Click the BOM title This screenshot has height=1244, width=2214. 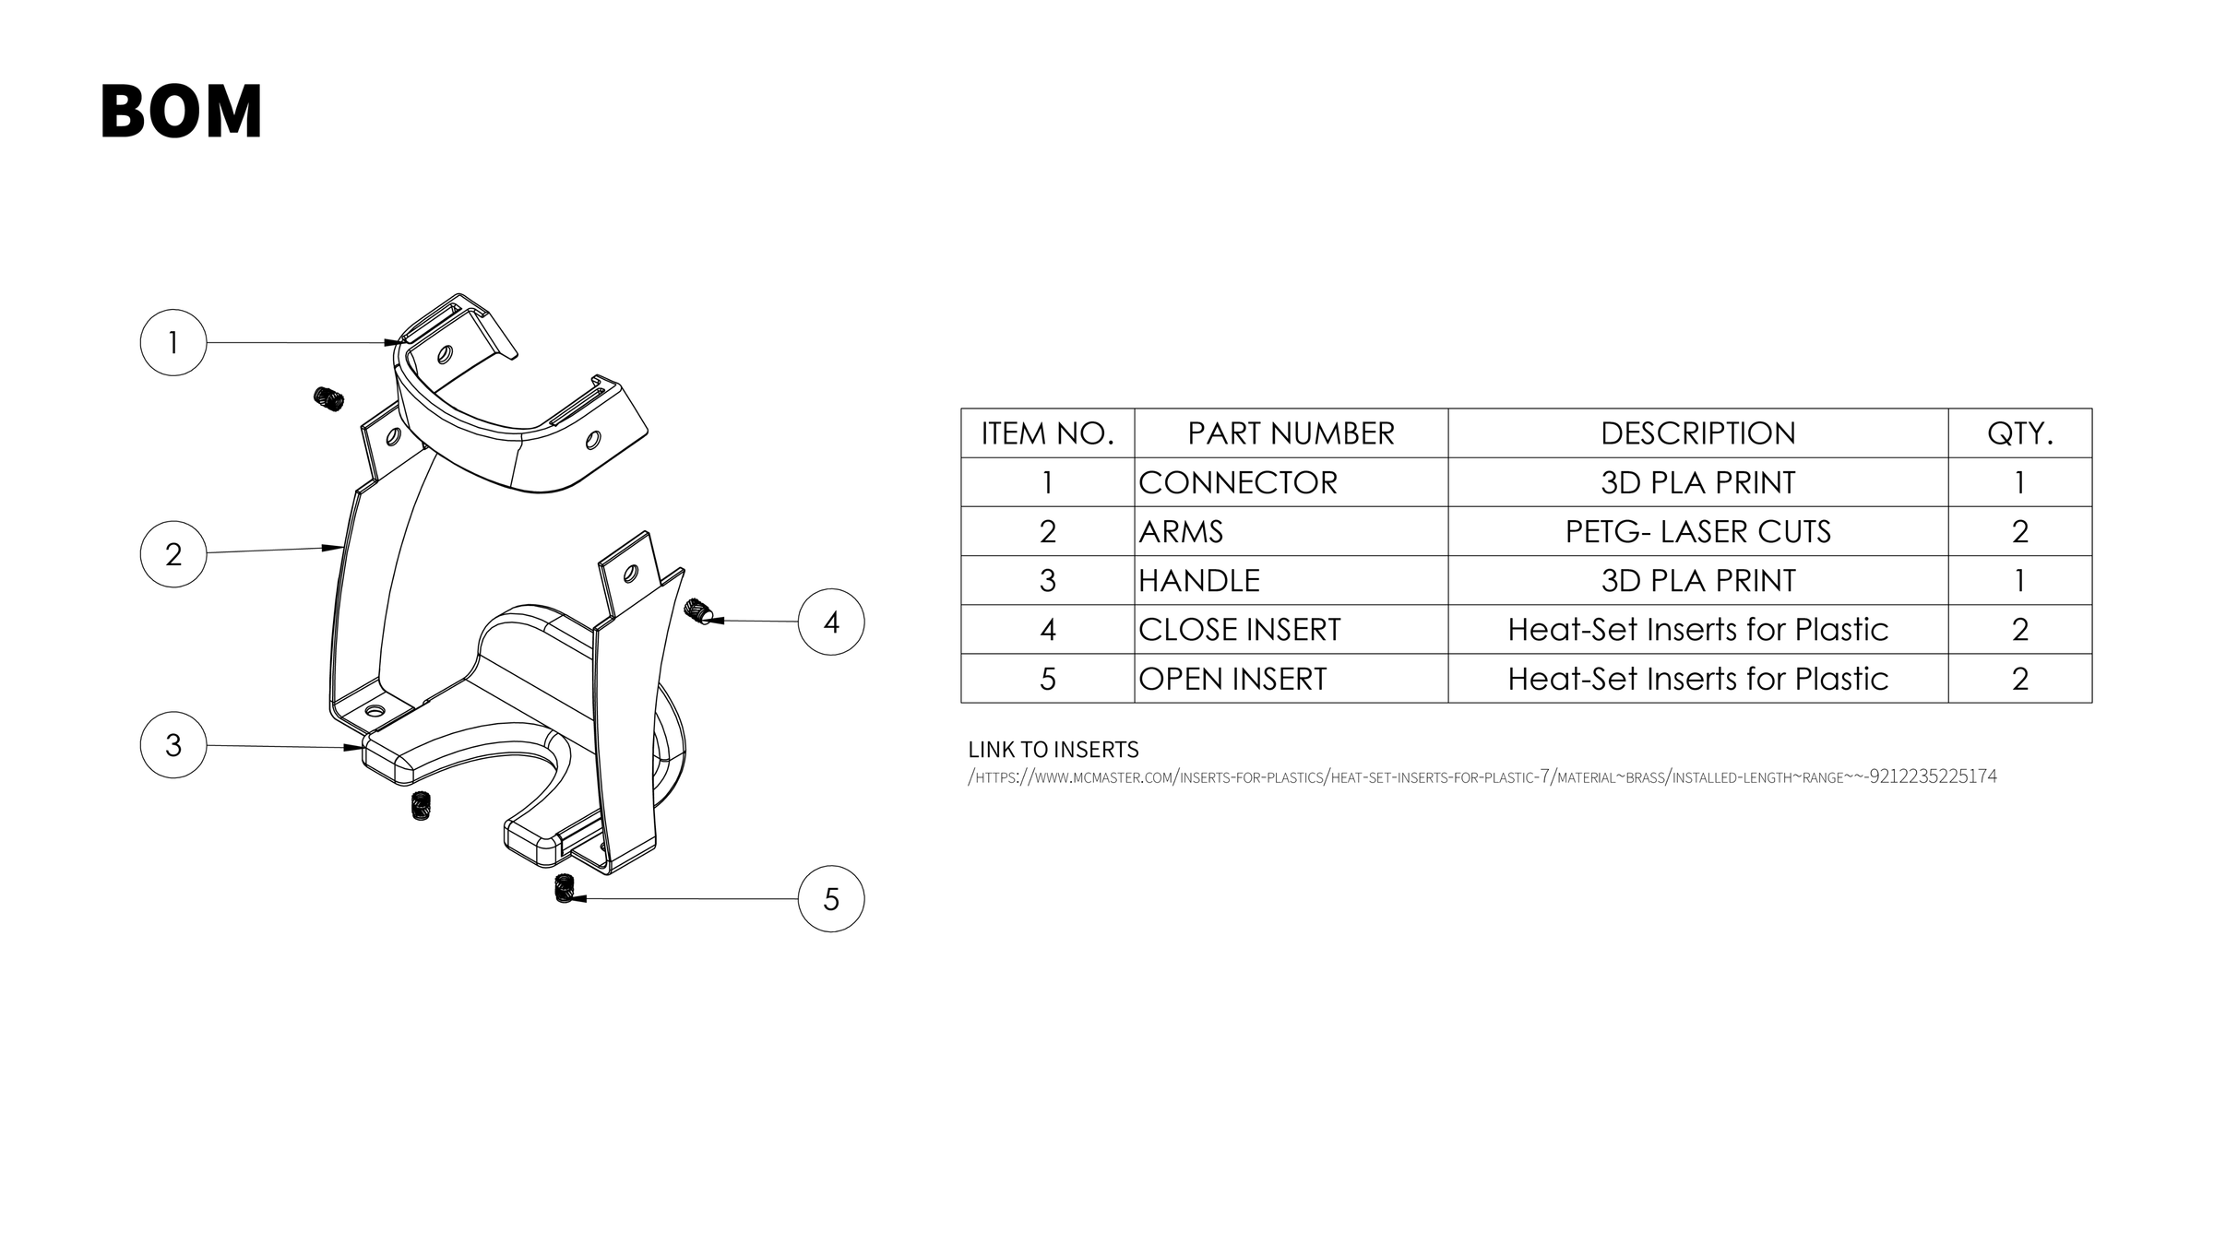pos(181,112)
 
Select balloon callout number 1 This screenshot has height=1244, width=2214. pos(173,342)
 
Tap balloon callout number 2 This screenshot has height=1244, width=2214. pos(173,554)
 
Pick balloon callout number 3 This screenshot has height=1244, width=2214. pos(173,745)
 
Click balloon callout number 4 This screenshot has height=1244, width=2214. pos(831,622)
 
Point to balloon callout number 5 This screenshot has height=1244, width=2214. pos(831,899)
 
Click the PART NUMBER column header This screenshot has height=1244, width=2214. pos(1291,433)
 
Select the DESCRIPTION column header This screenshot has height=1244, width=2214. pos(1697,433)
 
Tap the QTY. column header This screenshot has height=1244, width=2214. pos(2019,433)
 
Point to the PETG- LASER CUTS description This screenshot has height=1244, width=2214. pos(1697,531)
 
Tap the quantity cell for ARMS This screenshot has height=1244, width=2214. pos(2019,531)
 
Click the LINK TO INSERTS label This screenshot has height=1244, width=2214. pos(1053,749)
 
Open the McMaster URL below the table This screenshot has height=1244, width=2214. pos(1482,776)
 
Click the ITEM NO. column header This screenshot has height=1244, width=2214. pos(1047,433)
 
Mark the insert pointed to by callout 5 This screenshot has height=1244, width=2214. pos(565,888)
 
